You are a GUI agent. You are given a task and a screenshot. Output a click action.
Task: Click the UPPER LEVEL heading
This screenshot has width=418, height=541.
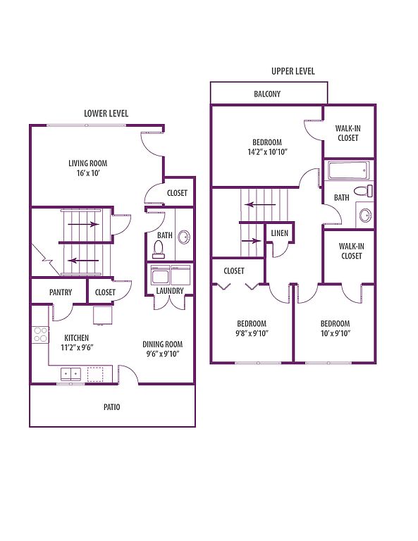(x=293, y=71)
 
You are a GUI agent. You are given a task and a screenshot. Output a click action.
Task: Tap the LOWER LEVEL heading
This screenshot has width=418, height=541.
(x=106, y=113)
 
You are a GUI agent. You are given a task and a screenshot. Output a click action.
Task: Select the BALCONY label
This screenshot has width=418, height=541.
(x=267, y=94)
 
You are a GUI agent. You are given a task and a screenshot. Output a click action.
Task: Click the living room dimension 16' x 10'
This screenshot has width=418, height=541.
(x=88, y=173)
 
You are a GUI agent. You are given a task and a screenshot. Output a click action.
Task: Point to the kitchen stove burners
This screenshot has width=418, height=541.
(x=40, y=335)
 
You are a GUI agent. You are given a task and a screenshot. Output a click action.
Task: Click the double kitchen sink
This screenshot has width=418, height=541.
(x=70, y=373)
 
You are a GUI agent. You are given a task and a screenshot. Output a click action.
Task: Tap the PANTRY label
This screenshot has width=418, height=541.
(x=61, y=292)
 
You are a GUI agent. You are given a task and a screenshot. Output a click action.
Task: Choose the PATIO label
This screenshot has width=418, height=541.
(x=112, y=407)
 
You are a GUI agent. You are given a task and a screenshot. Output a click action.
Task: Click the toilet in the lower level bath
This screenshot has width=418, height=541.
(x=159, y=249)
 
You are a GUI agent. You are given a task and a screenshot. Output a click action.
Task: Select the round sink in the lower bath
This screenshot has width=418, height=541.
(x=184, y=237)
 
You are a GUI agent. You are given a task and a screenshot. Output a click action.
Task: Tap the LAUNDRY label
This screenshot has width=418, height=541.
(x=170, y=291)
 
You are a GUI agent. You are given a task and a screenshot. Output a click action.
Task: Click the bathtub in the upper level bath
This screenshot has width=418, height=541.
(x=349, y=170)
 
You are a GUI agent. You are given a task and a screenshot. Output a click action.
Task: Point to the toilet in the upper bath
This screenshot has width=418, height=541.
(x=363, y=190)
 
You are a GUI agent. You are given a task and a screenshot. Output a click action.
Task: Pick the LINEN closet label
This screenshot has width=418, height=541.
(x=280, y=233)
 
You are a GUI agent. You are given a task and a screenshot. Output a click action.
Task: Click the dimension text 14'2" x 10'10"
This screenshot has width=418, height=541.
(x=268, y=152)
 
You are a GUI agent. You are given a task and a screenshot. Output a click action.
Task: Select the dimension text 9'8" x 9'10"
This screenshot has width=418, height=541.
(x=252, y=333)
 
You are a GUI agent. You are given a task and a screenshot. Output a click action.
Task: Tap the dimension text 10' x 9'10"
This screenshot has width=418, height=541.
(x=335, y=333)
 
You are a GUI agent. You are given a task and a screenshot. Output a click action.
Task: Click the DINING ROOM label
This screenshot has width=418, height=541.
(x=163, y=344)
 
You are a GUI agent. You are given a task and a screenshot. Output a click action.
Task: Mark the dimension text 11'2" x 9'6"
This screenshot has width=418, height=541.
(x=77, y=347)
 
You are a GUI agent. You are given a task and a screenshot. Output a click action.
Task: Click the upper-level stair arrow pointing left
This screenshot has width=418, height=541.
(x=260, y=204)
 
